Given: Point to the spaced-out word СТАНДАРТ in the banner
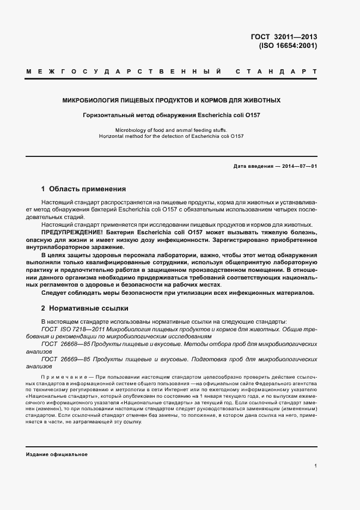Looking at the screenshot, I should click(x=276, y=71).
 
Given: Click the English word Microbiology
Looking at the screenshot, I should click(x=131, y=130).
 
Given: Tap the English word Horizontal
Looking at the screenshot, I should click(x=112, y=136).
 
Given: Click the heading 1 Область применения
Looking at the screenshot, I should click(x=83, y=189).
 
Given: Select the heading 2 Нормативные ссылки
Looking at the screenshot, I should click(x=84, y=308).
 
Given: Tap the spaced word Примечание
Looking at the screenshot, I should click(x=64, y=377).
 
